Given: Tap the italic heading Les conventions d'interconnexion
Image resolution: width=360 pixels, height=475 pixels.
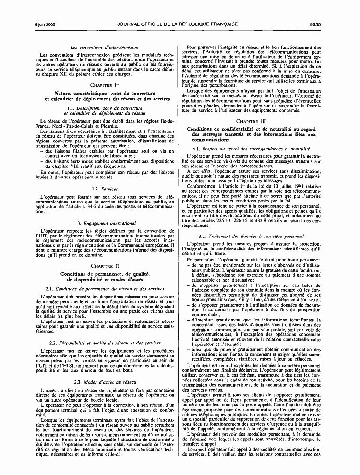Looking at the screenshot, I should (104, 47).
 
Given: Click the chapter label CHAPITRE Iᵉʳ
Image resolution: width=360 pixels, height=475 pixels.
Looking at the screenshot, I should (104, 84).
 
